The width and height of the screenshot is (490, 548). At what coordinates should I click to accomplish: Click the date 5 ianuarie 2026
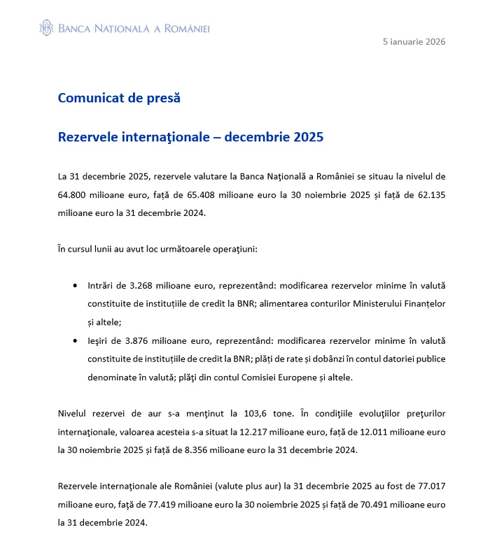[x=414, y=41]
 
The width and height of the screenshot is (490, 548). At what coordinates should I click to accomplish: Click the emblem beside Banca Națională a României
[x=46, y=28]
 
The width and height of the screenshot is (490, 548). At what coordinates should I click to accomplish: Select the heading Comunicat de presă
[x=119, y=98]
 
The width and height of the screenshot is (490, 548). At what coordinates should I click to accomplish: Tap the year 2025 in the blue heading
[x=308, y=137]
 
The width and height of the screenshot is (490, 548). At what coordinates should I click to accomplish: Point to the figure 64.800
[x=73, y=194]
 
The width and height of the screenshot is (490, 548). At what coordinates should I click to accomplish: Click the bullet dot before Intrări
[x=75, y=287]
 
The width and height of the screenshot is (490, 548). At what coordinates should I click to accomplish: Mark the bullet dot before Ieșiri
[x=75, y=341]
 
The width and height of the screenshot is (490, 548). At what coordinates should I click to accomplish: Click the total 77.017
[x=428, y=486]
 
